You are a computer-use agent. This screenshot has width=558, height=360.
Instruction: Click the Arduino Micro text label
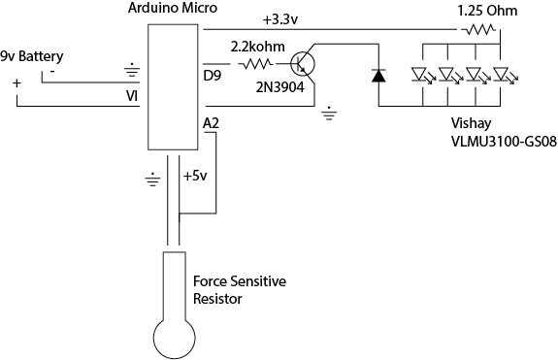172,8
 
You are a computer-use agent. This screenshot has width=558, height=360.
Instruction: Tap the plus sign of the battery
16,83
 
